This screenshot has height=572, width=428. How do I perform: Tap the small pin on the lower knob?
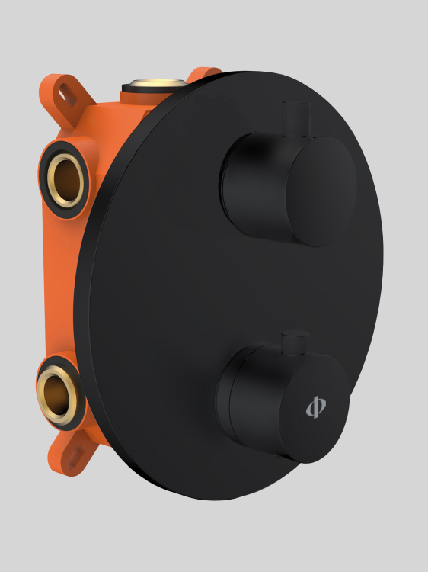click(x=294, y=343)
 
